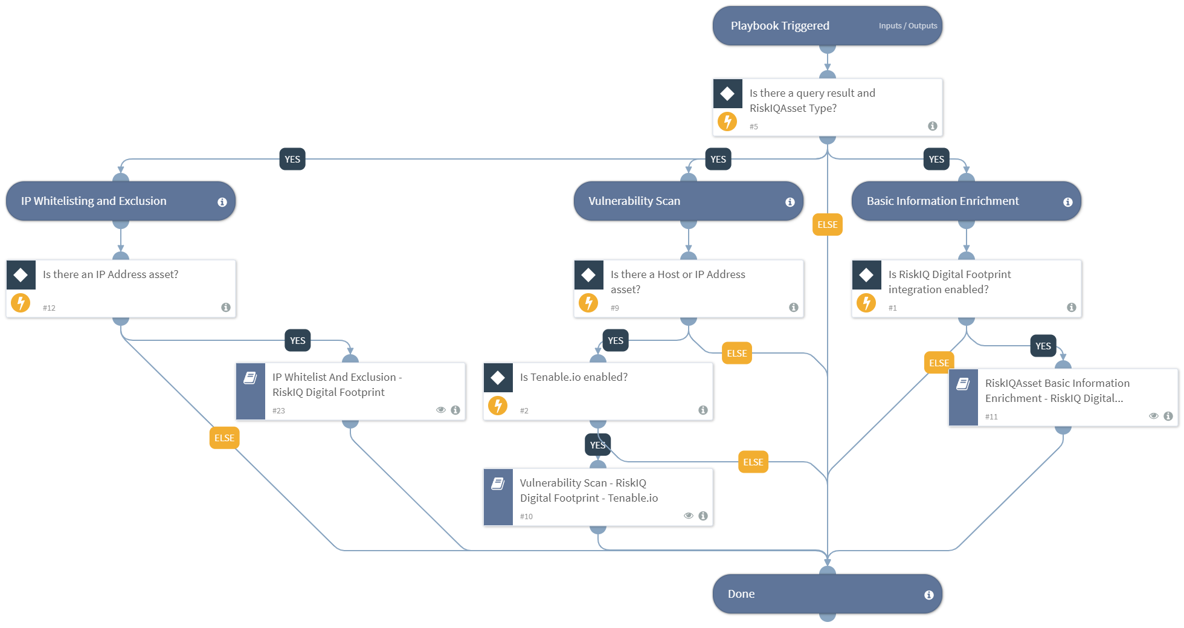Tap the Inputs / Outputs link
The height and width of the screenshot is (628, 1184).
(907, 26)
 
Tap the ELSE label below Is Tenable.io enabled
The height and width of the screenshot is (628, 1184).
(753, 462)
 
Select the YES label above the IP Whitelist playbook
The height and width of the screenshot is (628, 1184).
(297, 340)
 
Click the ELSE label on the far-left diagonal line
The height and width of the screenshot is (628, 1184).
(224, 438)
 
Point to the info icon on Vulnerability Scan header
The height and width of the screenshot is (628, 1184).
(790, 202)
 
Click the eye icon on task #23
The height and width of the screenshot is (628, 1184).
(441, 410)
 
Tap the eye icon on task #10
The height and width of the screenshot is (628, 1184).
(688, 516)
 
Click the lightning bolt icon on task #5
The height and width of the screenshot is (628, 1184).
(727, 121)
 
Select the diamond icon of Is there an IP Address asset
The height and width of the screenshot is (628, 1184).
(21, 275)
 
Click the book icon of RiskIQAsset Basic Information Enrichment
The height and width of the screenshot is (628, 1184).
(963, 384)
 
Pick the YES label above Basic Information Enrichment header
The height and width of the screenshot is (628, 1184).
(936, 159)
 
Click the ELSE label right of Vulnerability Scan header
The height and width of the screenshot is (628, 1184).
(827, 224)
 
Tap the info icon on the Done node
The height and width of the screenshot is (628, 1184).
(928, 595)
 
